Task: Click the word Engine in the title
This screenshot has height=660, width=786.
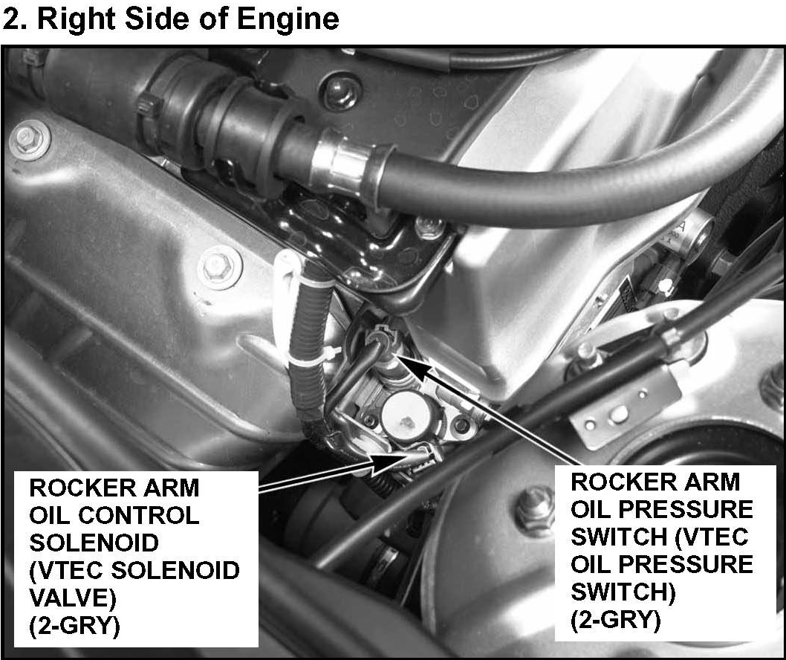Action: point(288,19)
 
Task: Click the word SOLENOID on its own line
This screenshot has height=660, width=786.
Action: point(94,543)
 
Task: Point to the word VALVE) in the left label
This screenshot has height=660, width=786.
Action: point(73,598)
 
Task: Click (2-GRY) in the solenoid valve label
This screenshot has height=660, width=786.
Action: point(75,625)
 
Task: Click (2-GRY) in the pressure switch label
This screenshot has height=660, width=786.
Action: point(616,621)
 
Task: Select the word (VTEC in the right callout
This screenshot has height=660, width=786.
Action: point(711,537)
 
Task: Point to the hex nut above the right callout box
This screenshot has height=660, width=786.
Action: point(536,508)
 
